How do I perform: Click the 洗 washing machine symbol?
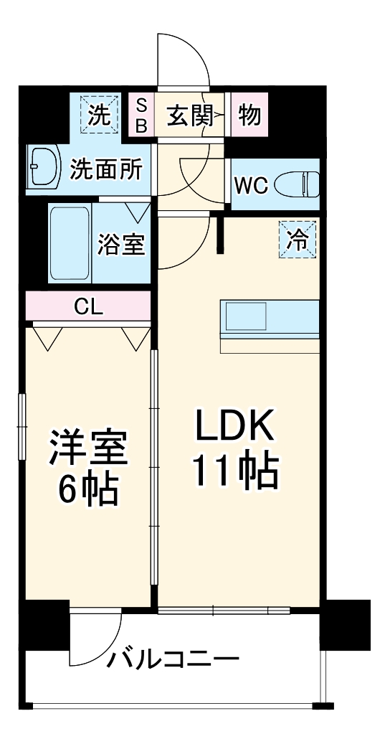coord(100,114)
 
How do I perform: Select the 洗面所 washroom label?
coord(106,169)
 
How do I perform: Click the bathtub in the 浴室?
coord(70,243)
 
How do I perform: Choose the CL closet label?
coord(88,308)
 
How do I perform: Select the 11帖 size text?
coord(234,471)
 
